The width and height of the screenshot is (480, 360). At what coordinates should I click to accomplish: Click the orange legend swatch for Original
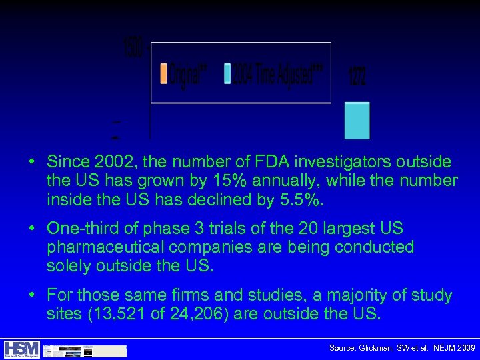(x=163, y=73)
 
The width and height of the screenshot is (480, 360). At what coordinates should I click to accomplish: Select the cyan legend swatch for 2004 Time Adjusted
(x=227, y=73)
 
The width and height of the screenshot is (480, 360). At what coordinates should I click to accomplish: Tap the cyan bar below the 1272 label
(x=357, y=121)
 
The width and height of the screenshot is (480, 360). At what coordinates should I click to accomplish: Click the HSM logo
(x=21, y=349)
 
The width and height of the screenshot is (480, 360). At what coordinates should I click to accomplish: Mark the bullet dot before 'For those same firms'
(x=31, y=295)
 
